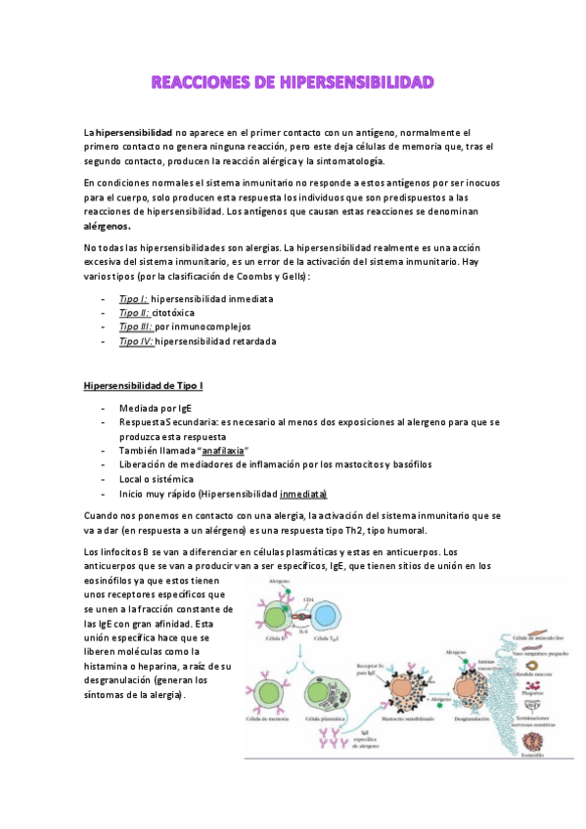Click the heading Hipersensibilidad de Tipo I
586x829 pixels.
[x=143, y=386]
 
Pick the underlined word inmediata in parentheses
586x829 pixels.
[x=303, y=494]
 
